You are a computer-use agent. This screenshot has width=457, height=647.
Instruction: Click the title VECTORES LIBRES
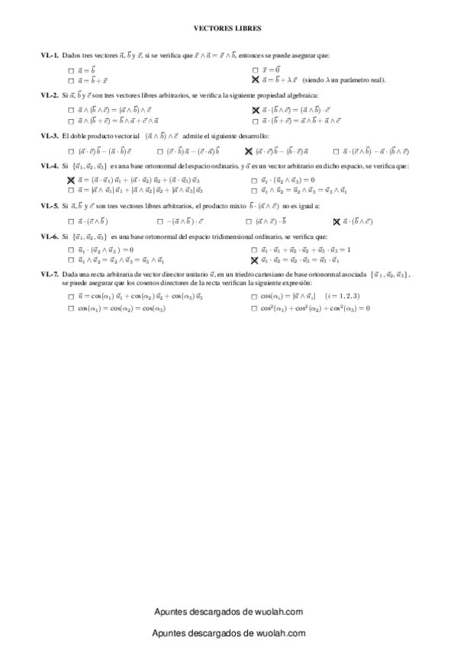pos(228,27)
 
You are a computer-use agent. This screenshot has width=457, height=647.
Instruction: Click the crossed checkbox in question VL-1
pos(255,79)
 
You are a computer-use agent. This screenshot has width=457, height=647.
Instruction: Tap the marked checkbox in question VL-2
pos(256,111)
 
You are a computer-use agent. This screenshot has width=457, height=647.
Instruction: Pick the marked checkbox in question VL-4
pos(70,180)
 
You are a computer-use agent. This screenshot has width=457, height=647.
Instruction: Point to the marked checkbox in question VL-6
pos(255,260)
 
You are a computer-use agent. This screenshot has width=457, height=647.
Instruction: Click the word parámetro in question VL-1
pos(353,80)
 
